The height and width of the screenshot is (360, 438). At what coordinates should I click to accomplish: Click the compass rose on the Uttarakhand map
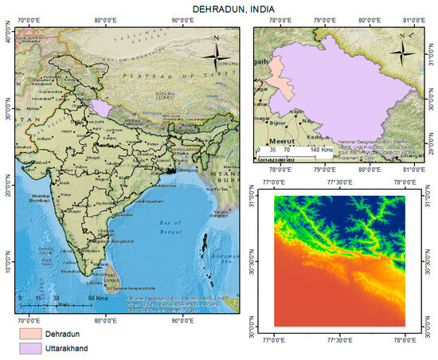pyautogui.click(x=403, y=53)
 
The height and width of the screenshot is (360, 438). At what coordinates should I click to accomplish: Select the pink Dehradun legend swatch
pyautogui.click(x=35, y=333)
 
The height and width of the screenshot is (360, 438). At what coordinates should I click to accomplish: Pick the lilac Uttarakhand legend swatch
pyautogui.click(x=35, y=349)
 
